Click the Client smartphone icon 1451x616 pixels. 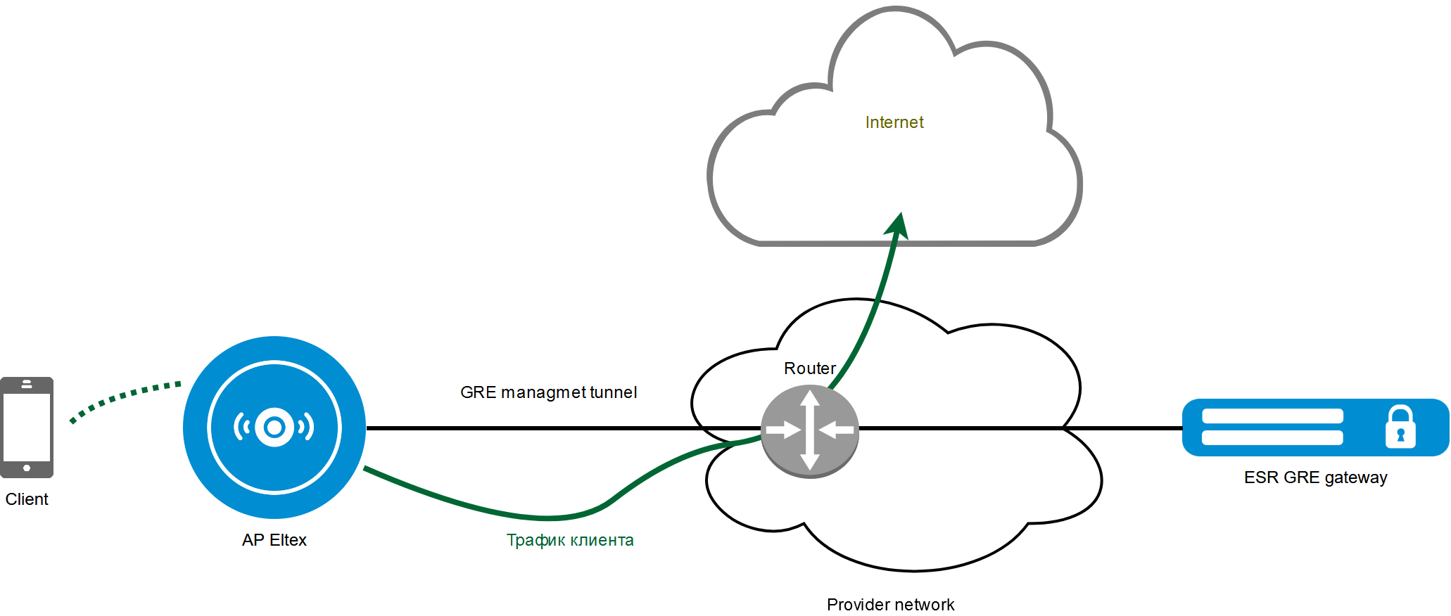coord(27,427)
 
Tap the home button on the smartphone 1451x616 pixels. coord(27,468)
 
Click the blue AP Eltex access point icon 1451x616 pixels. coord(274,427)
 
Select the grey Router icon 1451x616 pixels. coord(810,430)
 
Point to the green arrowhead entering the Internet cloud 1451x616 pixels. coord(899,225)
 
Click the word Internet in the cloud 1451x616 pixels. coord(894,122)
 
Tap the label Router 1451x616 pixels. coord(809,368)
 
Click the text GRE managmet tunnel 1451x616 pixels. coord(548,392)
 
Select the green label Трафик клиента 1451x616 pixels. coord(570,540)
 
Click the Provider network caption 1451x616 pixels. coord(890,605)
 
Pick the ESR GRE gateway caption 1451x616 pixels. coord(1315,477)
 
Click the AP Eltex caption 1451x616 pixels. coord(274,540)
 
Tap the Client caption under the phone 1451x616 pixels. coord(27,499)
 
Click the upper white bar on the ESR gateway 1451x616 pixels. coord(1272,416)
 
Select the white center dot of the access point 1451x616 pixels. coord(274,427)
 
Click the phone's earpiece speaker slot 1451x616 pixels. coord(27,384)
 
